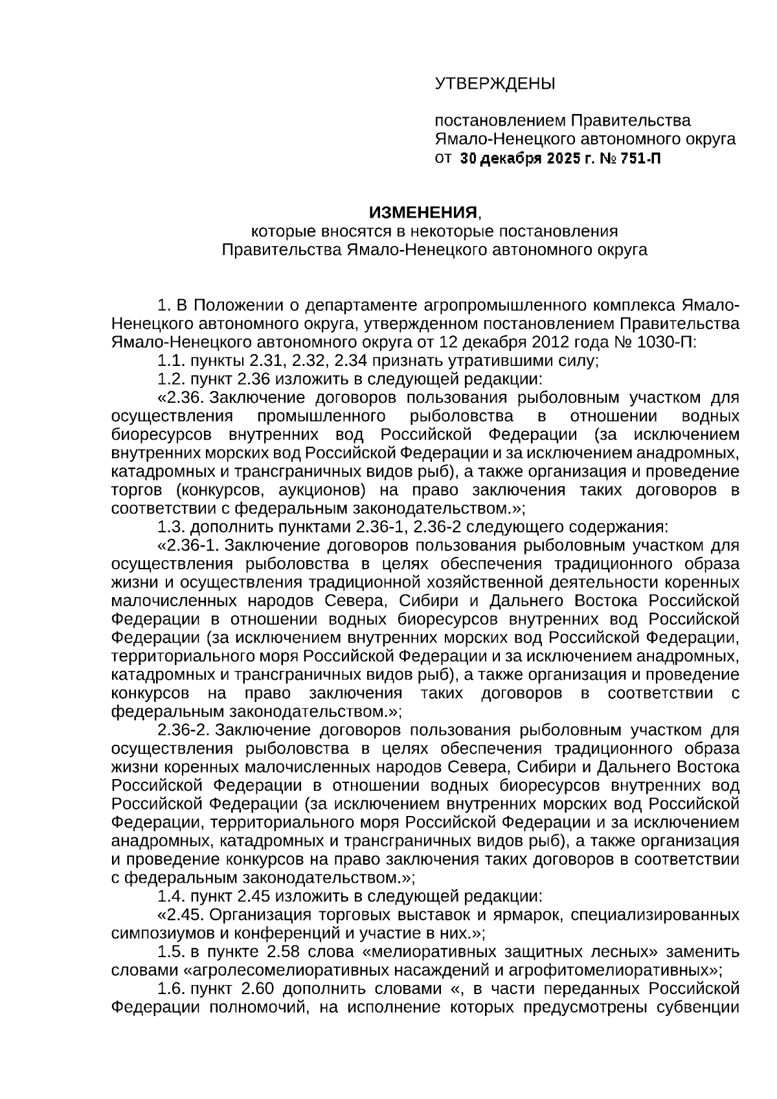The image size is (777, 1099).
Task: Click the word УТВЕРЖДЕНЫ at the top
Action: pyautogui.click(x=495, y=84)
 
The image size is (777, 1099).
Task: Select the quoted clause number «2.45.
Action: pyautogui.click(x=181, y=915)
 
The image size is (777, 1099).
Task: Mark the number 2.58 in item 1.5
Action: pyautogui.click(x=282, y=952)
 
